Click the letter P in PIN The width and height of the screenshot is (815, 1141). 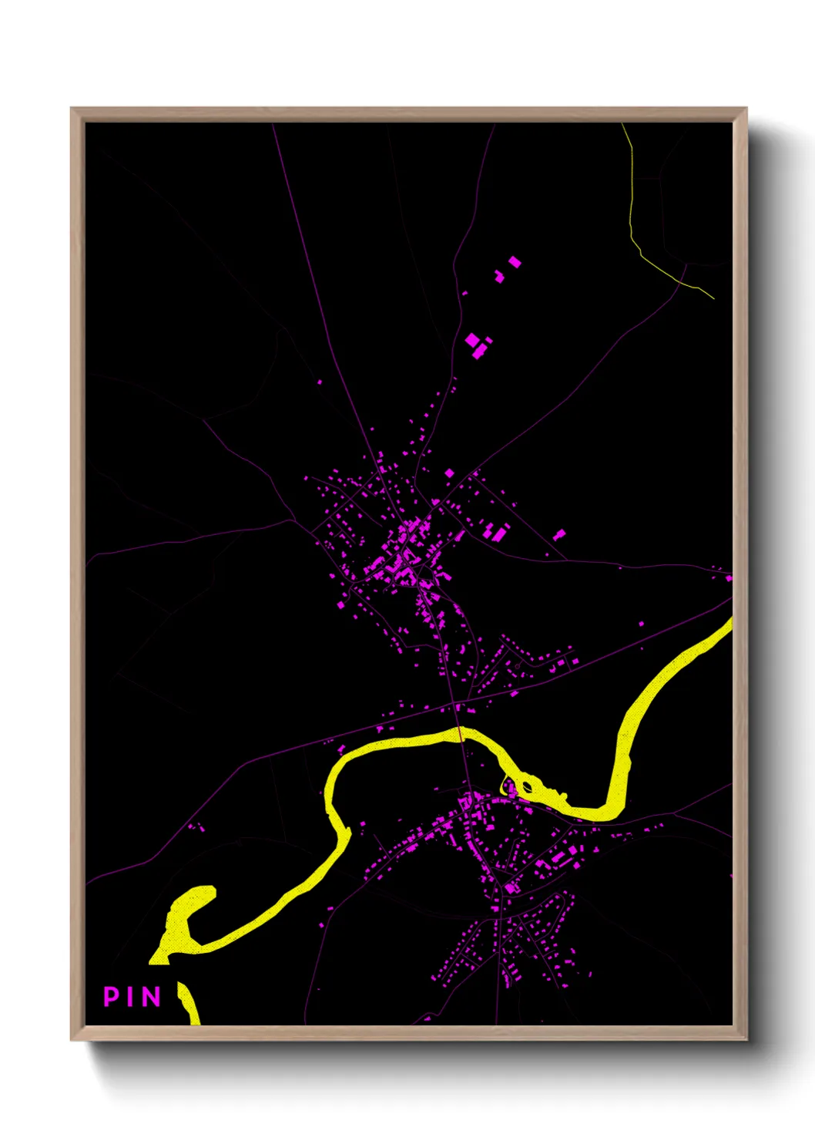pyautogui.click(x=111, y=996)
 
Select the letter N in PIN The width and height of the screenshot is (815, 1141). pyautogui.click(x=151, y=996)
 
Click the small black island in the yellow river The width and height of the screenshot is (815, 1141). pyautogui.click(x=528, y=787)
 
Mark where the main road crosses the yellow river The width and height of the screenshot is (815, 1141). pyautogui.click(x=461, y=734)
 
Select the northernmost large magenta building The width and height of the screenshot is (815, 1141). pyautogui.click(x=515, y=262)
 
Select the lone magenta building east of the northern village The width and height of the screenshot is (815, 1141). pyautogui.click(x=560, y=534)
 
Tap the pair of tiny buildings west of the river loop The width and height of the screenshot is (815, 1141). pyautogui.click(x=196, y=828)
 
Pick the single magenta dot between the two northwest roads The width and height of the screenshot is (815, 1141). pyautogui.click(x=320, y=382)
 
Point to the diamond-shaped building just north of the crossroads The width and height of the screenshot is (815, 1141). pyautogui.click(x=449, y=473)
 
